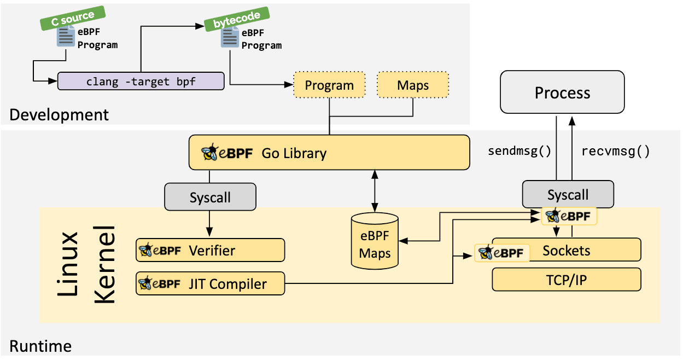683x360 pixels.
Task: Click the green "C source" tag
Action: click(x=73, y=18)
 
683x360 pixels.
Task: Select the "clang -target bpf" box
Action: click(x=141, y=81)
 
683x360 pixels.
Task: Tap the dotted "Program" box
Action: click(x=329, y=85)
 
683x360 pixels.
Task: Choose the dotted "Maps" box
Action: click(x=412, y=85)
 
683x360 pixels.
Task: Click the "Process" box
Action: click(x=562, y=92)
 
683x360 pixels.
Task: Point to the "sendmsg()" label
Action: click(x=519, y=151)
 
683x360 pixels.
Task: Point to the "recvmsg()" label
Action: click(x=615, y=151)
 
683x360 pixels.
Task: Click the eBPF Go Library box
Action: click(x=329, y=153)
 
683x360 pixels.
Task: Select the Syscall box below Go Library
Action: click(x=210, y=196)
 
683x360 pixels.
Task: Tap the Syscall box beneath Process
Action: click(x=568, y=194)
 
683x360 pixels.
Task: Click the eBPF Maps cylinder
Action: click(x=375, y=241)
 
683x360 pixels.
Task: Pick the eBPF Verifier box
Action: click(x=210, y=250)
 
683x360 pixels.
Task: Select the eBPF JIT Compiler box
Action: click(x=210, y=283)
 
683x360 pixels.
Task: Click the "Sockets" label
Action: click(x=566, y=250)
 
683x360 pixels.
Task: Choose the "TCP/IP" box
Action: click(x=566, y=280)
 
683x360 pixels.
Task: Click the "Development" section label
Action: click(x=59, y=115)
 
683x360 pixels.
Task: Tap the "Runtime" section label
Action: click(x=40, y=346)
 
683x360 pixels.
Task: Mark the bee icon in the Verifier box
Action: click(x=145, y=251)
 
